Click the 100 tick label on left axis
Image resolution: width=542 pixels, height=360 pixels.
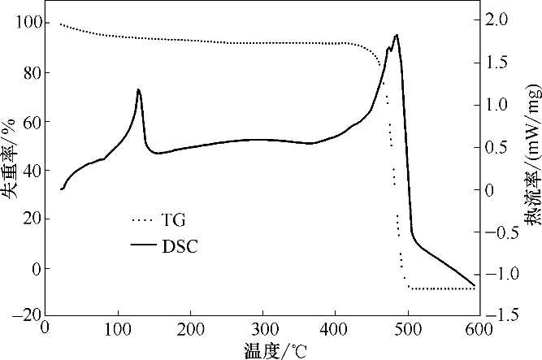click(x=26, y=23)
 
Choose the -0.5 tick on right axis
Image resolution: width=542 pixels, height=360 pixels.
click(x=505, y=232)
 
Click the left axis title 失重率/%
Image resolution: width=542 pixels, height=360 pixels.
click(x=10, y=167)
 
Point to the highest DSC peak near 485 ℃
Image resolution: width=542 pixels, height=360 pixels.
click(x=396, y=35)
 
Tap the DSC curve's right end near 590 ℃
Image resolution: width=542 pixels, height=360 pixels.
click(x=475, y=286)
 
